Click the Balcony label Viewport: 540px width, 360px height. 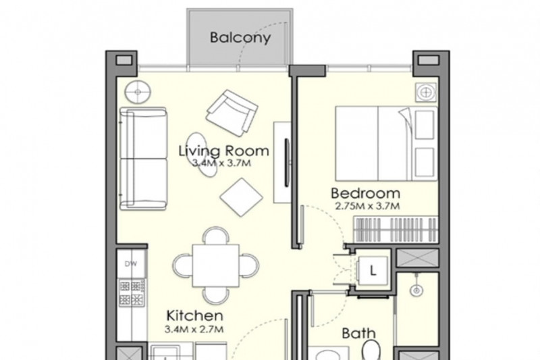point(240,38)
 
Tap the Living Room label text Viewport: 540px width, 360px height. point(224,151)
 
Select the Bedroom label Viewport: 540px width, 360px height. point(365,193)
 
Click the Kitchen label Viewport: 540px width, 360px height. point(194,315)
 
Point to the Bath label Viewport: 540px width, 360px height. point(358,334)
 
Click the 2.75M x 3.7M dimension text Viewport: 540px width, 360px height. point(367,207)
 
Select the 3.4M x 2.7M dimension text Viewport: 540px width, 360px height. point(194,330)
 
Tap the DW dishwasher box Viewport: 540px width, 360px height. point(130,263)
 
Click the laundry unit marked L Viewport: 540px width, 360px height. point(373,271)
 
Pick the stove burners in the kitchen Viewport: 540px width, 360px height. point(132,293)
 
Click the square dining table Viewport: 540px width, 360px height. point(216,265)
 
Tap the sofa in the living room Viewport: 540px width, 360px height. point(143,159)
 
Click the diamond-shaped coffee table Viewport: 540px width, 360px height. point(242,197)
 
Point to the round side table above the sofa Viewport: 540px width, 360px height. point(138,92)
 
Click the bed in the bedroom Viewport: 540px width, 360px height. point(386,144)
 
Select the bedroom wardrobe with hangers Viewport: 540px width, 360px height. point(396,230)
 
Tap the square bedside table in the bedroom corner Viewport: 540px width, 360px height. point(426,93)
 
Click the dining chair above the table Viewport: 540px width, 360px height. point(216,235)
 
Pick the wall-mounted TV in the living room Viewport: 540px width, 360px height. point(286,163)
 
